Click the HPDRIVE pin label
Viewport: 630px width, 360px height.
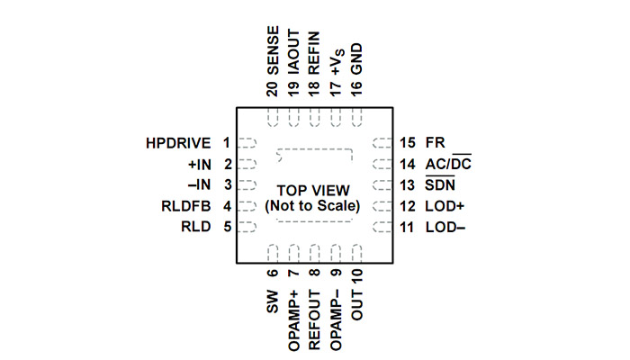[x=178, y=143]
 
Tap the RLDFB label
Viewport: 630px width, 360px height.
[x=187, y=206]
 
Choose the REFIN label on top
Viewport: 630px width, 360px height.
[x=314, y=53]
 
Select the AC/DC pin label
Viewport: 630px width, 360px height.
[x=448, y=164]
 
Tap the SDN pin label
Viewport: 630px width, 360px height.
[x=439, y=185]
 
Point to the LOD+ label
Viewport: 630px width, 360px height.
[x=444, y=206]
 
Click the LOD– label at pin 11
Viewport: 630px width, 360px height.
[x=444, y=227]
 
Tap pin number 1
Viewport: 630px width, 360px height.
[x=227, y=143]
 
